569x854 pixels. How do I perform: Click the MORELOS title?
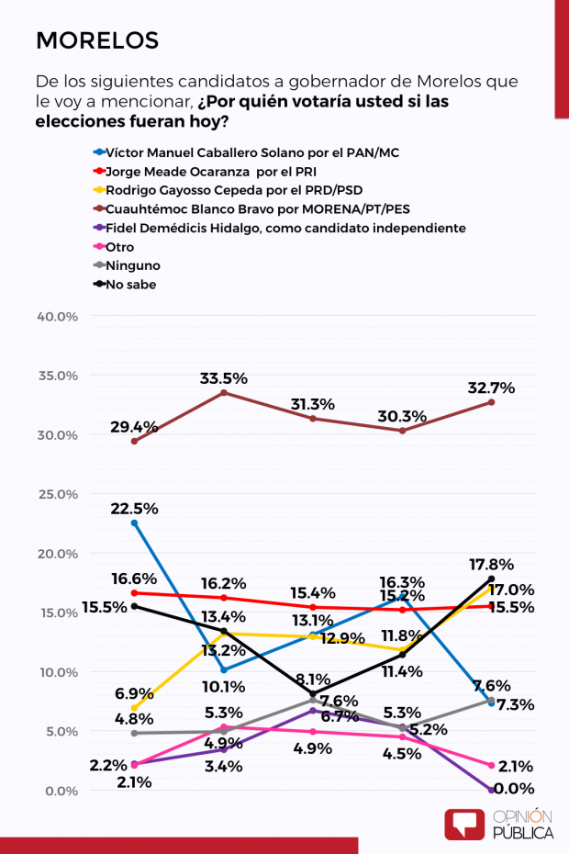pyautogui.click(x=97, y=40)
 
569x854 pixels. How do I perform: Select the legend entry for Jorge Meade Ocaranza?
pyautogui.click(x=205, y=172)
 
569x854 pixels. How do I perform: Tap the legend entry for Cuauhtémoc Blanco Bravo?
pyautogui.click(x=251, y=209)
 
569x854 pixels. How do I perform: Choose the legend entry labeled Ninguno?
pyautogui.click(x=127, y=265)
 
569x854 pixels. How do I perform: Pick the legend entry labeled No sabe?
pyautogui.click(x=125, y=285)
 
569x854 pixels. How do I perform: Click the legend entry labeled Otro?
pyautogui.click(x=114, y=247)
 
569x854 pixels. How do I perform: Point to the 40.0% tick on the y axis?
pyautogui.click(x=58, y=317)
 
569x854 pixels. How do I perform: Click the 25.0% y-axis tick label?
pyautogui.click(x=58, y=494)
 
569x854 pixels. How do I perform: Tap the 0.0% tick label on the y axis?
pyautogui.click(x=61, y=791)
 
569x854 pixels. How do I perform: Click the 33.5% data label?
pyautogui.click(x=223, y=378)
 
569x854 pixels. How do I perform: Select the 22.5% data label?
pyautogui.click(x=135, y=509)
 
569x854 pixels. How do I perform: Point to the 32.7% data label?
pyautogui.click(x=491, y=388)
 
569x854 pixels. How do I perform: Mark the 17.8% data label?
pyautogui.click(x=491, y=565)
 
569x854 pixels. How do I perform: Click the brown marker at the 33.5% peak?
pyautogui.click(x=223, y=393)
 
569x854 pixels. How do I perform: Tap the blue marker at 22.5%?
pyautogui.click(x=135, y=523)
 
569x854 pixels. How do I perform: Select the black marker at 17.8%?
pyautogui.click(x=491, y=579)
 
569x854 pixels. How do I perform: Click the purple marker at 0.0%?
pyautogui.click(x=491, y=791)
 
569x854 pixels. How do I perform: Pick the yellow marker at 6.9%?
pyautogui.click(x=135, y=709)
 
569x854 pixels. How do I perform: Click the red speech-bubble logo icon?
pyautogui.click(x=463, y=824)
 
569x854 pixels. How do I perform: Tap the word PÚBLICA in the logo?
pyautogui.click(x=523, y=833)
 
